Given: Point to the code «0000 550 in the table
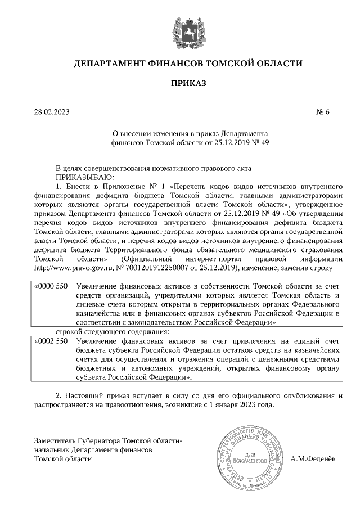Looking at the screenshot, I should (52, 286).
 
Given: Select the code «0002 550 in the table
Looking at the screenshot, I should (52, 341).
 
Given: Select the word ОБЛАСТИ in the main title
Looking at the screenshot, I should (279, 64).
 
